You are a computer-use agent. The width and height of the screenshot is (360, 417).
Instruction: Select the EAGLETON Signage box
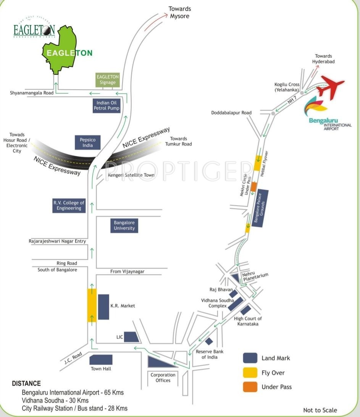tap(108, 79)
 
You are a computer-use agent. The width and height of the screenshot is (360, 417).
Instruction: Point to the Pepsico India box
tap(87, 142)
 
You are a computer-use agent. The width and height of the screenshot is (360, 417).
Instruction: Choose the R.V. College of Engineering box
tap(69, 205)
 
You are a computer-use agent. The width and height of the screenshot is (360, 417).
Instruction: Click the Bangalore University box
tap(124, 225)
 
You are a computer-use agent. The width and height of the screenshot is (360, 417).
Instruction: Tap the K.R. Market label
tap(123, 306)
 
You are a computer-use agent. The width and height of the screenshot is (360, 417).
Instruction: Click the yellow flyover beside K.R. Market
tap(92, 305)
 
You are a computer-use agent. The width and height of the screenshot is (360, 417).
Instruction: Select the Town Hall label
tap(101, 369)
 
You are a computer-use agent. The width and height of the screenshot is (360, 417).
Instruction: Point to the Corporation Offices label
tap(163, 377)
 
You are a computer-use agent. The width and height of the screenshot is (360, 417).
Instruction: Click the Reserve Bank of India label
tap(210, 354)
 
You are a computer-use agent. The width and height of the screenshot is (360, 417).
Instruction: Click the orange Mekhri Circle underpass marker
tap(253, 187)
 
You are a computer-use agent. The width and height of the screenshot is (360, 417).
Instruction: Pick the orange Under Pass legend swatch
tap(250, 387)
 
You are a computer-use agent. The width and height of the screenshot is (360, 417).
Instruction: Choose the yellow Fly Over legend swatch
tap(250, 372)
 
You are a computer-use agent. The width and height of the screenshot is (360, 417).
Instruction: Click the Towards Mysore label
tap(180, 12)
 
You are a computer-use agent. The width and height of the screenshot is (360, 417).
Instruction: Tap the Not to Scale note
tap(320, 410)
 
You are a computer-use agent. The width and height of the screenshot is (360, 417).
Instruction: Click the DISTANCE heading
tap(26, 383)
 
